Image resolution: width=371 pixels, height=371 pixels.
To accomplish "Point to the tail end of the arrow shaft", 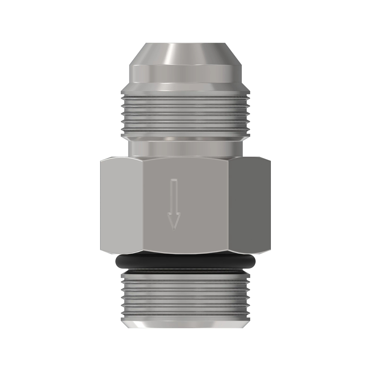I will coord(174,181).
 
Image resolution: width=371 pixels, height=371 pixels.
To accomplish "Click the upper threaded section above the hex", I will coord(185,114).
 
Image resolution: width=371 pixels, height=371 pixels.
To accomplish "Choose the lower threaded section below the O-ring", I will coord(185,294).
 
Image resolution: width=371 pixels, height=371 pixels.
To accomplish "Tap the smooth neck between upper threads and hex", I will coord(185,149).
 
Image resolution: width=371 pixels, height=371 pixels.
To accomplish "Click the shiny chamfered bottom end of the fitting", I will coord(185,323).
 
